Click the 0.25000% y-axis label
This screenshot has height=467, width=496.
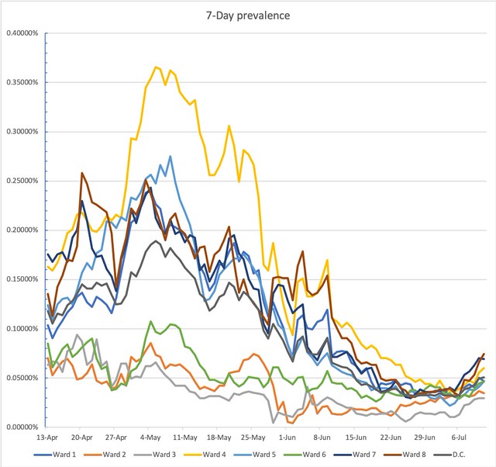click(24, 181)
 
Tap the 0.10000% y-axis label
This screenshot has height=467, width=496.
click(24, 329)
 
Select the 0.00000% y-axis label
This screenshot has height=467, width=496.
click(24, 427)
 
